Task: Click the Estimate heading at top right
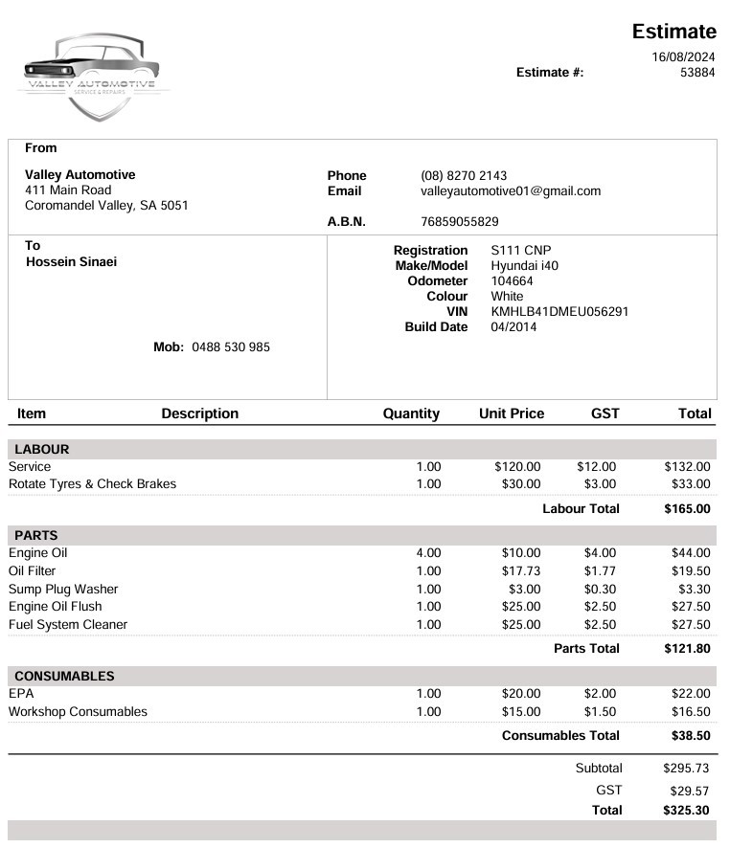point(673,32)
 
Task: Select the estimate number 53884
point(697,72)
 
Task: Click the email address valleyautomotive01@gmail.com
point(511,190)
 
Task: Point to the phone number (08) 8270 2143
point(464,175)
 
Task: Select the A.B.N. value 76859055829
point(460,222)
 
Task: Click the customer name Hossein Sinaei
point(71,261)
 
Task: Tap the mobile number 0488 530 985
point(231,346)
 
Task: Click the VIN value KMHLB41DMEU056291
point(559,312)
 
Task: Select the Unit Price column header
point(511,413)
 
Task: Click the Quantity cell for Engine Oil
point(428,553)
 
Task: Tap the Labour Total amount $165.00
point(687,509)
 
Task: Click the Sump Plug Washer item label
point(63,590)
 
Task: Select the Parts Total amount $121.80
point(687,649)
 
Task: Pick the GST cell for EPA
point(600,694)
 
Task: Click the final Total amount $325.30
point(686,810)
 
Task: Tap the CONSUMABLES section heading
point(64,676)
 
